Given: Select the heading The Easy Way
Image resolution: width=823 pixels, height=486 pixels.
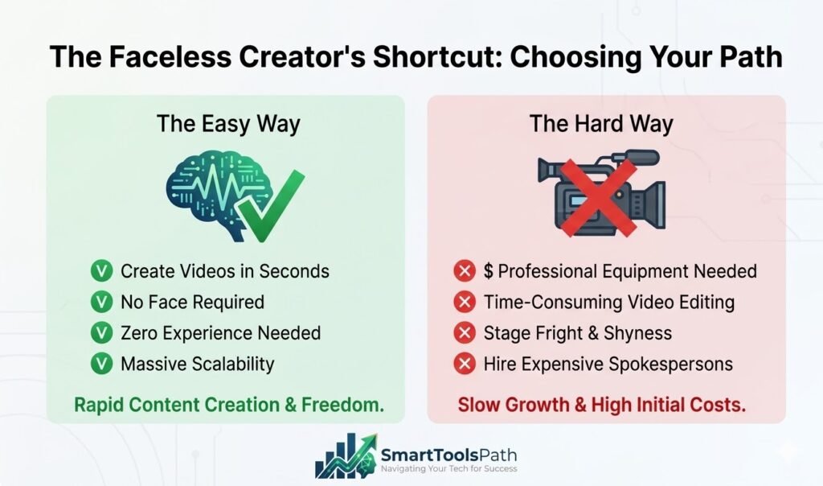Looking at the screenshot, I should [x=228, y=124].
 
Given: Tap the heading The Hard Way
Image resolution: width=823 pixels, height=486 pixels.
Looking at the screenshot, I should [x=601, y=124].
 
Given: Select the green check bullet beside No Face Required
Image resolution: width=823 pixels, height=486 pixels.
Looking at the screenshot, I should [x=102, y=303].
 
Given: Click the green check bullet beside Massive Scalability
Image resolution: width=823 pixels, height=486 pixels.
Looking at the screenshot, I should [x=102, y=364].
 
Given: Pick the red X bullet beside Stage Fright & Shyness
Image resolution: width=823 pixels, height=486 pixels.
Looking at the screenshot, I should [x=464, y=333].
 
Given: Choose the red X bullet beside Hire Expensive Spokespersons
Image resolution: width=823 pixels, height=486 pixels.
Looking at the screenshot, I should [x=464, y=364].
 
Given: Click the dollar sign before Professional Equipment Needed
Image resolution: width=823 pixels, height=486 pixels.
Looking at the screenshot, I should [x=489, y=271].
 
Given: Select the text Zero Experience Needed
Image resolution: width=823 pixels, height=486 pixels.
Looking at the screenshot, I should [x=220, y=333].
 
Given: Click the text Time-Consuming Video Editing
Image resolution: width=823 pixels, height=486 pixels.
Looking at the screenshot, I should [x=609, y=303].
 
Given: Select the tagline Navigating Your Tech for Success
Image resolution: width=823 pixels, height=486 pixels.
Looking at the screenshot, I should [x=448, y=469].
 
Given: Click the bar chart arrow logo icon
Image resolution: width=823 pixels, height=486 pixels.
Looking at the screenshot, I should [x=344, y=457].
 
